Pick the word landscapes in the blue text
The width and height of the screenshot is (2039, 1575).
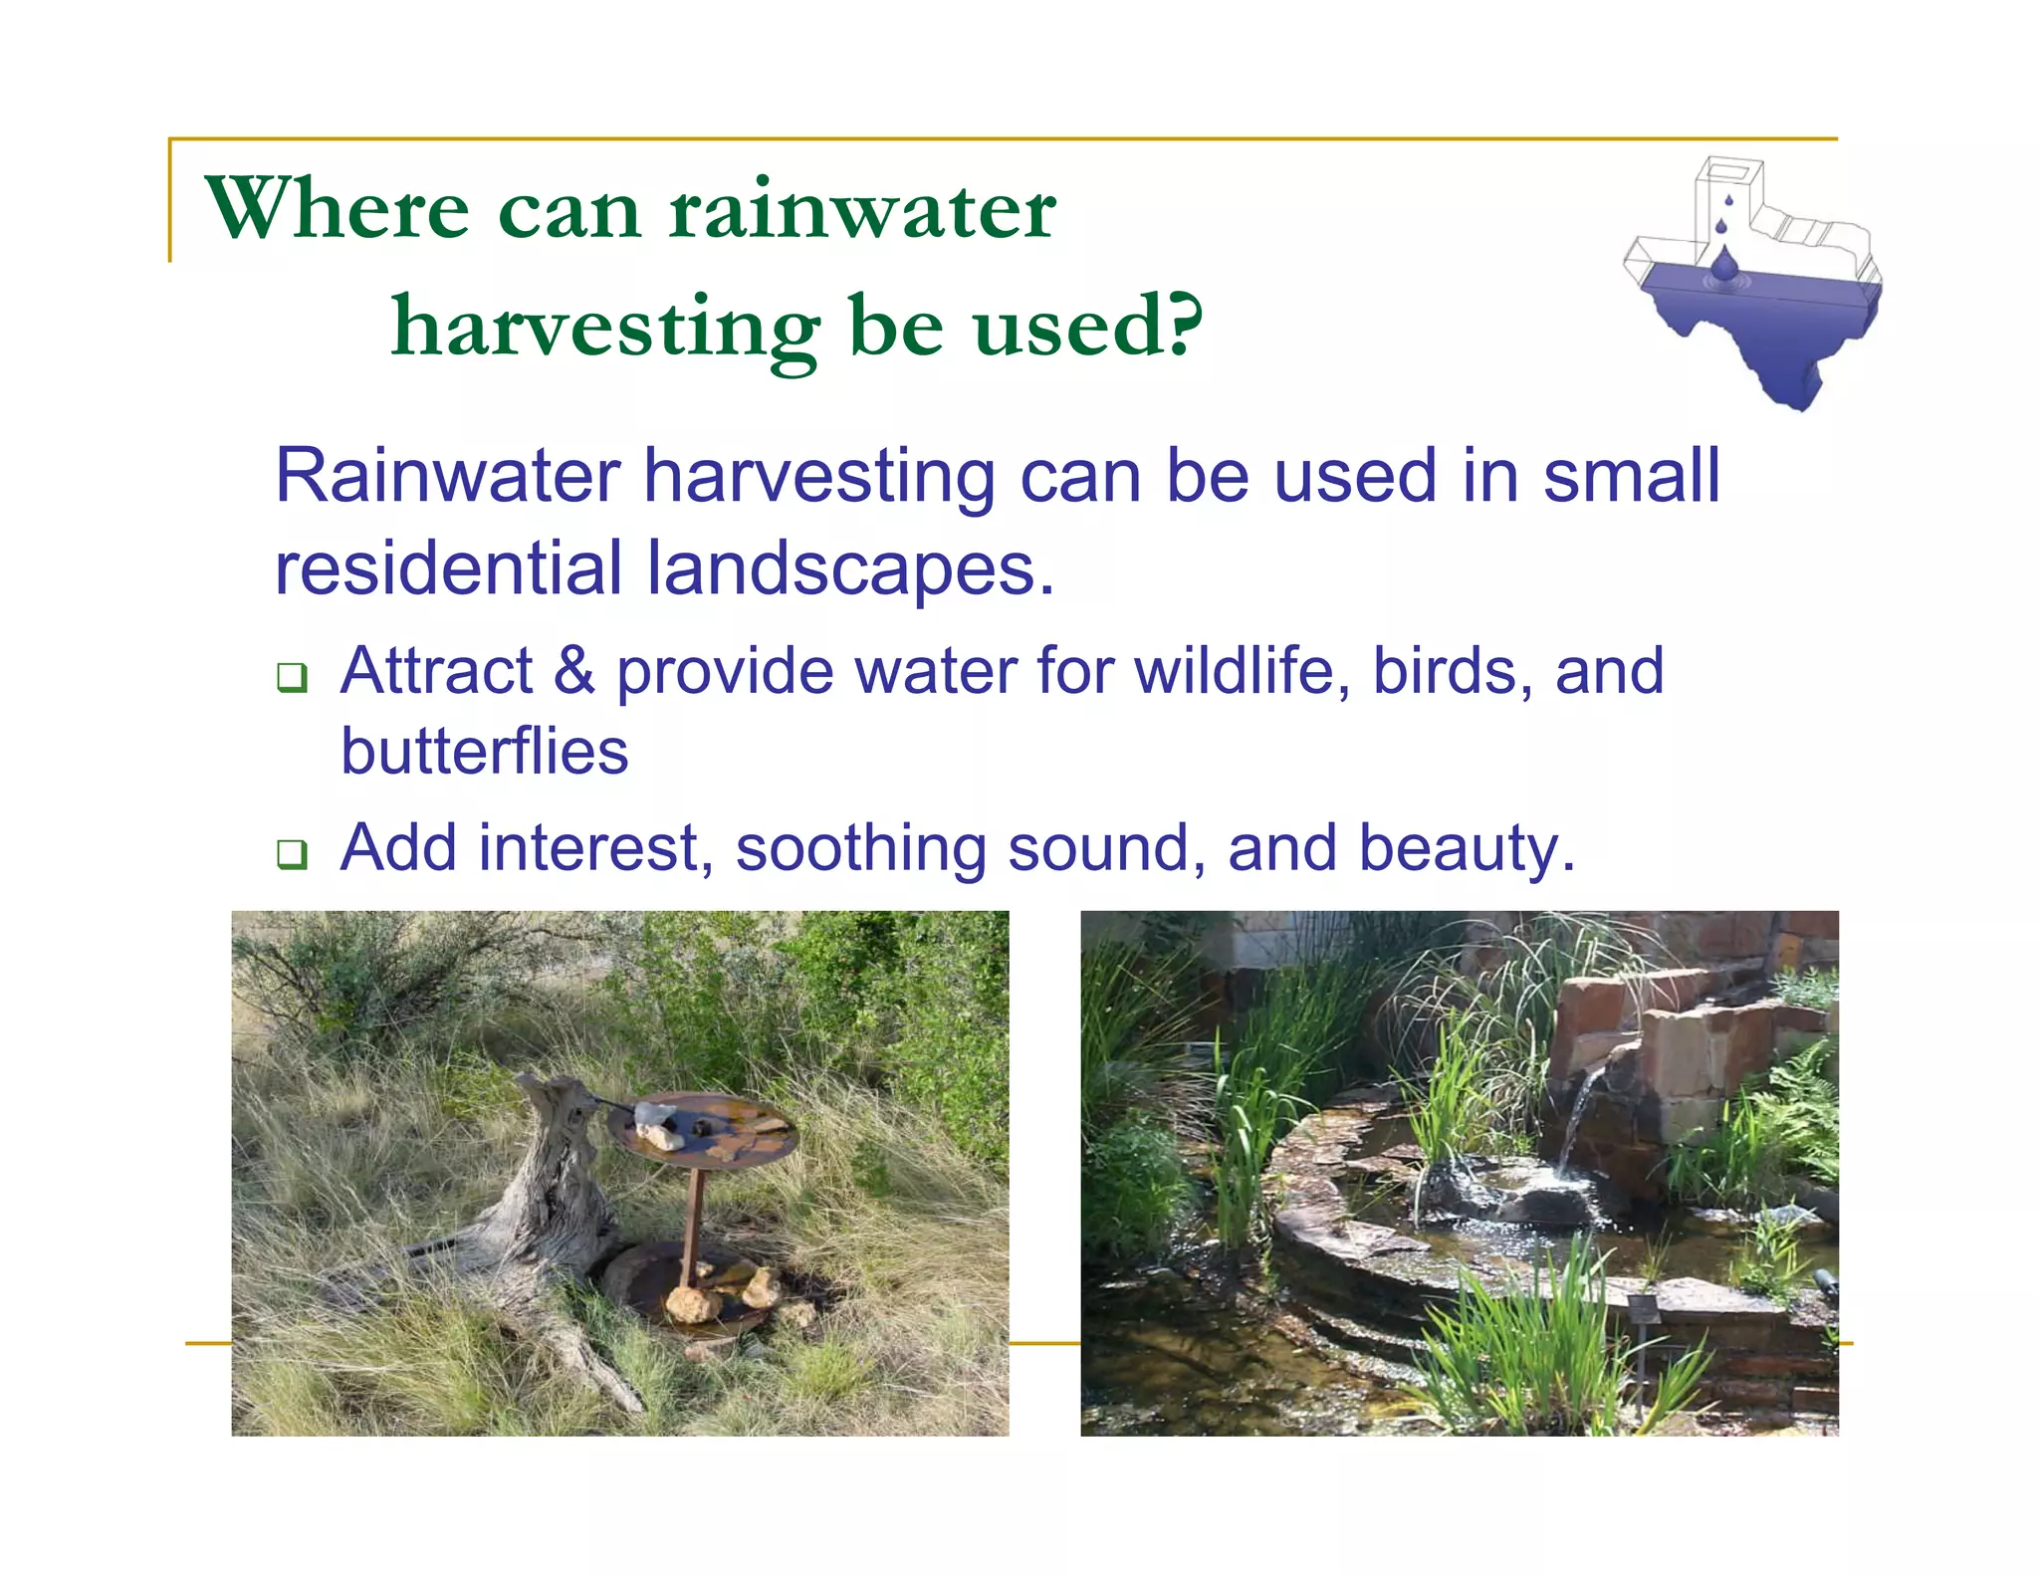pyautogui.click(x=849, y=568)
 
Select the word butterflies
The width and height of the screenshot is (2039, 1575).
pyautogui.click(x=485, y=751)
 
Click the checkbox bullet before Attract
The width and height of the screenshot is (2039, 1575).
pyautogui.click(x=292, y=678)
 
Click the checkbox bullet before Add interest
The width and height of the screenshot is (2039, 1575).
pyautogui.click(x=292, y=853)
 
